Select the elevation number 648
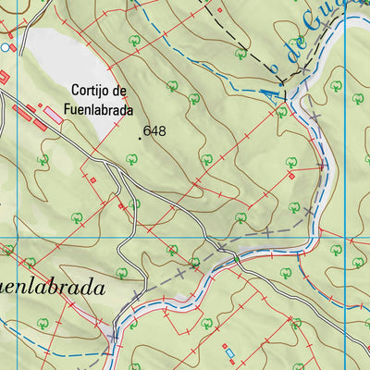(x=154, y=132)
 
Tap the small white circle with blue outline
(x=5, y=46)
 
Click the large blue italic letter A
(x=268, y=92)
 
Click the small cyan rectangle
(x=229, y=352)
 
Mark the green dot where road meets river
(x=194, y=263)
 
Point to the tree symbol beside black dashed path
(x=240, y=54)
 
